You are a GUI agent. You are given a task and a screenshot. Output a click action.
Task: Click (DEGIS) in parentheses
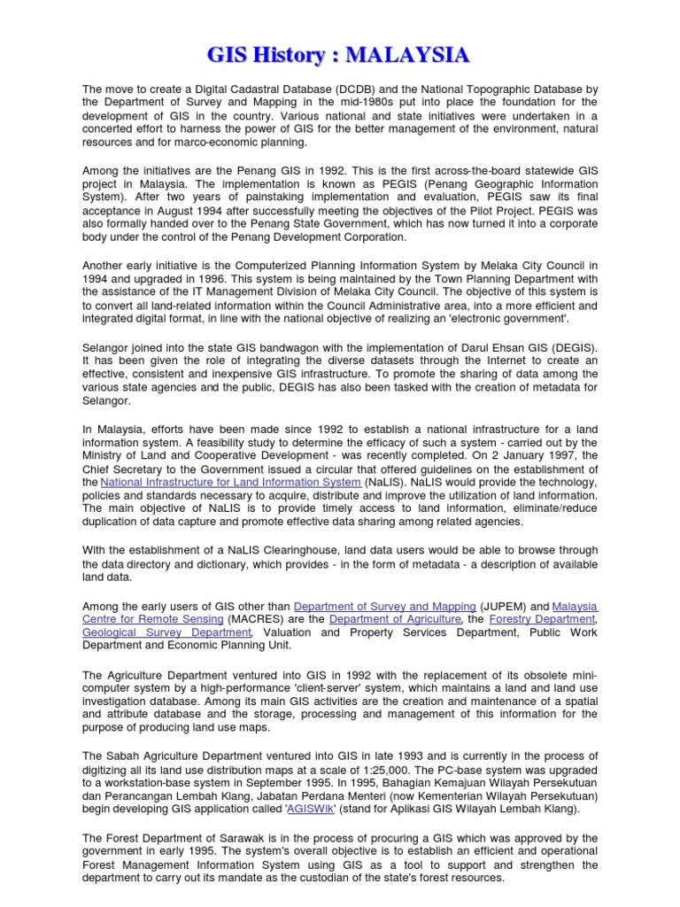575,347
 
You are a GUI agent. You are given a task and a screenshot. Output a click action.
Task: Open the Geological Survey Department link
166,633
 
